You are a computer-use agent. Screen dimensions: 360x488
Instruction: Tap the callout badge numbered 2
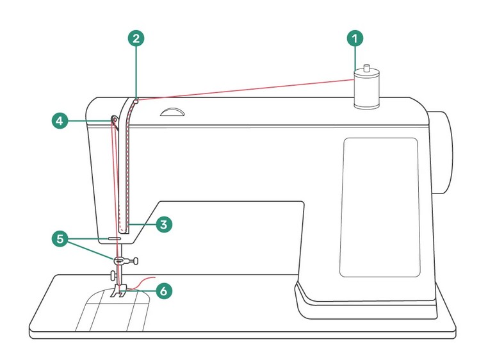click(135, 38)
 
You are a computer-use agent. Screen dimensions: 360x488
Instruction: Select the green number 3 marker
click(164, 224)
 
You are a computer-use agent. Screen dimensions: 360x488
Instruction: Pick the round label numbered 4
click(59, 120)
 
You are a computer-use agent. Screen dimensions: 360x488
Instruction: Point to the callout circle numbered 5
click(59, 239)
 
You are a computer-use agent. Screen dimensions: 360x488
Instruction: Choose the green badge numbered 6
click(164, 290)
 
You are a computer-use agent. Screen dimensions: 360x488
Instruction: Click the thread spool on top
click(367, 90)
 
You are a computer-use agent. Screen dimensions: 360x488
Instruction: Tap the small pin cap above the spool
click(367, 67)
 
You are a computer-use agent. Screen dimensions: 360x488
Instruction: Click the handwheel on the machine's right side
click(441, 152)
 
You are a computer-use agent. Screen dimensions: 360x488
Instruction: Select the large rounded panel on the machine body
click(380, 206)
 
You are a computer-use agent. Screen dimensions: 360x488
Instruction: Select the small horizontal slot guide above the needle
click(114, 236)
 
